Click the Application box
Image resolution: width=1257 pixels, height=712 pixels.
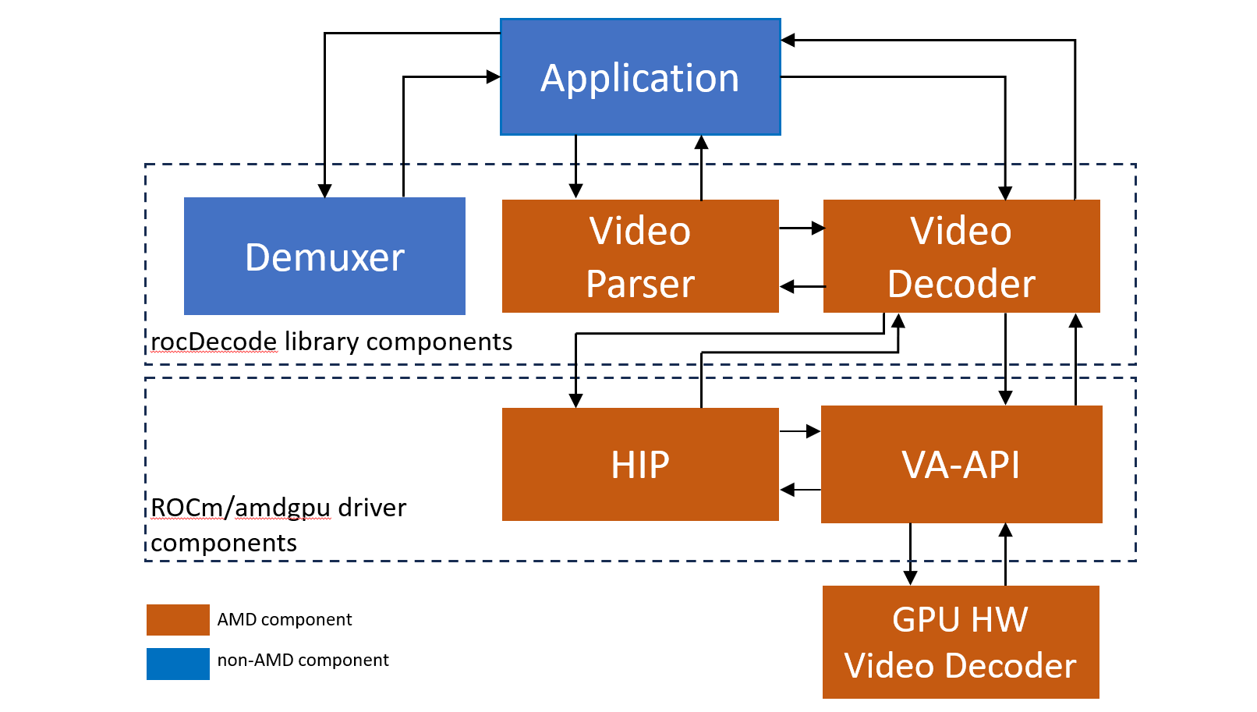pyautogui.click(x=639, y=77)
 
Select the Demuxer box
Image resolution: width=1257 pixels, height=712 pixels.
pyautogui.click(x=324, y=257)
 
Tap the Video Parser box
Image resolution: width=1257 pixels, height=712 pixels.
pyautogui.click(x=639, y=257)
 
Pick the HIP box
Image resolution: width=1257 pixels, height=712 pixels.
pyautogui.click(x=639, y=465)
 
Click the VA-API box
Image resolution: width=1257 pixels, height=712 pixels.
pyautogui.click(x=961, y=465)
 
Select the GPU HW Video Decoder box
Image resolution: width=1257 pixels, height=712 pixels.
pyautogui.click(x=961, y=643)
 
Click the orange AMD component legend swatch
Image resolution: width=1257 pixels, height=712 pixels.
pyautogui.click(x=178, y=620)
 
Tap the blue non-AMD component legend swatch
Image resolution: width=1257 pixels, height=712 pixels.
pyautogui.click(x=178, y=664)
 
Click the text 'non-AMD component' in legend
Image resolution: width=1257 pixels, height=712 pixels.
pyautogui.click(x=303, y=661)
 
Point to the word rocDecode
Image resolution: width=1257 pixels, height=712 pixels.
pyautogui.click(x=214, y=342)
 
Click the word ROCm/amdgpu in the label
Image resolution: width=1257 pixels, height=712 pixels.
pyautogui.click(x=240, y=508)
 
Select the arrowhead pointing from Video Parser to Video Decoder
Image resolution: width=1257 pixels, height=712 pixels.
pyautogui.click(x=818, y=228)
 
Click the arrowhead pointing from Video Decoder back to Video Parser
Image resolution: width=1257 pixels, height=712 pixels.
pyautogui.click(x=787, y=287)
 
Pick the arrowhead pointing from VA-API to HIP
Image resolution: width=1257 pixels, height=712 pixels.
pyautogui.click(x=787, y=490)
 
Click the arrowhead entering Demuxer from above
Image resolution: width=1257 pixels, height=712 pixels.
pyautogui.click(x=325, y=191)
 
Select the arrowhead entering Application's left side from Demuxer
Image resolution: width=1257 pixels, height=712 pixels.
pyautogui.click(x=493, y=77)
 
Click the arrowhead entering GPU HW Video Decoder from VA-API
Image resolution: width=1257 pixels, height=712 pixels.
pyautogui.click(x=910, y=578)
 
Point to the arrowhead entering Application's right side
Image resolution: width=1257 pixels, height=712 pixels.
pyautogui.click(x=788, y=41)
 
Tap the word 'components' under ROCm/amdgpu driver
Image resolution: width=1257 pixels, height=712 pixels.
pyautogui.click(x=224, y=543)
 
